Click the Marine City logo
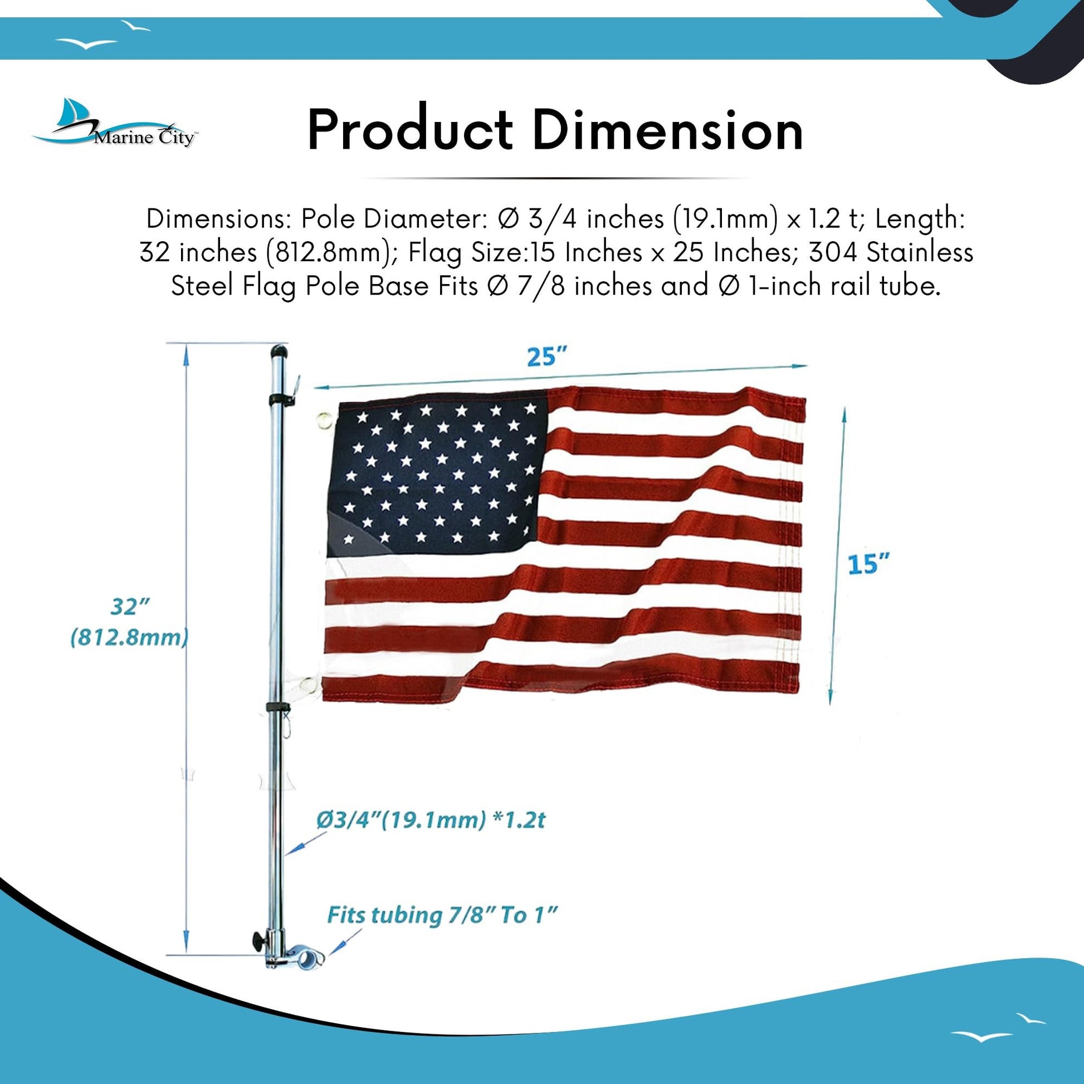click(114, 124)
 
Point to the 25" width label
click(547, 357)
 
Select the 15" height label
click(868, 563)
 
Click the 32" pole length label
click(130, 607)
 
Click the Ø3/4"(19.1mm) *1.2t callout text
click(431, 821)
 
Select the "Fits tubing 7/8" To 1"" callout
click(442, 915)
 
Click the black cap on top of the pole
click(279, 353)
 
